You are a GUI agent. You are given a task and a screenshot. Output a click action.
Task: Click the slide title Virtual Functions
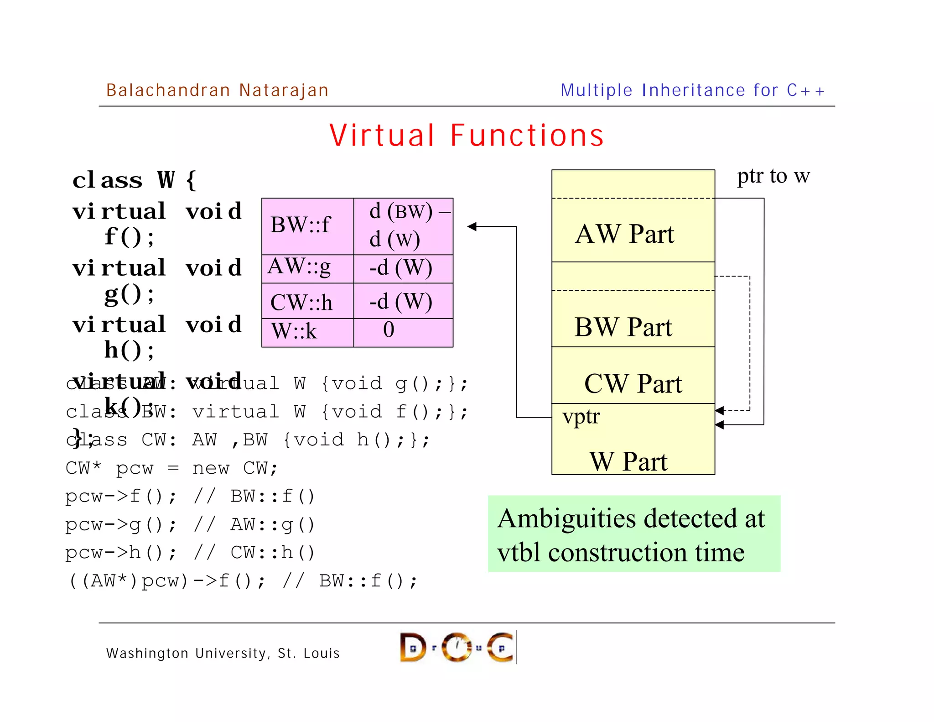[x=467, y=136]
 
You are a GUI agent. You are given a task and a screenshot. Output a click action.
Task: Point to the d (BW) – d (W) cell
[x=403, y=225]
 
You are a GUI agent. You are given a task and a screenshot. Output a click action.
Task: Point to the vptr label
[x=581, y=416]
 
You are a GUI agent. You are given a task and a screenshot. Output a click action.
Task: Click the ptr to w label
[x=773, y=176]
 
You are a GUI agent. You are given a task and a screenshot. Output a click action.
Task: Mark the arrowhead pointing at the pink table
[x=472, y=226]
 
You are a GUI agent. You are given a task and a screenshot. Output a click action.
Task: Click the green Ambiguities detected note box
[x=633, y=534]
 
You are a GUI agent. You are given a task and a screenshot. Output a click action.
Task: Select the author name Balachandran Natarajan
[x=217, y=90]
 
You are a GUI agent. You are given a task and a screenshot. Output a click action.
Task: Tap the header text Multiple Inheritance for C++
[x=692, y=90]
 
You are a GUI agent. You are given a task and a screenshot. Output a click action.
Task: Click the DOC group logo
[x=457, y=647]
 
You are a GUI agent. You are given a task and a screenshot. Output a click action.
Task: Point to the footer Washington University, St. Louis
[x=223, y=653]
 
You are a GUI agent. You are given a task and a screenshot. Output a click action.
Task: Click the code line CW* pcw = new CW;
[x=171, y=468]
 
